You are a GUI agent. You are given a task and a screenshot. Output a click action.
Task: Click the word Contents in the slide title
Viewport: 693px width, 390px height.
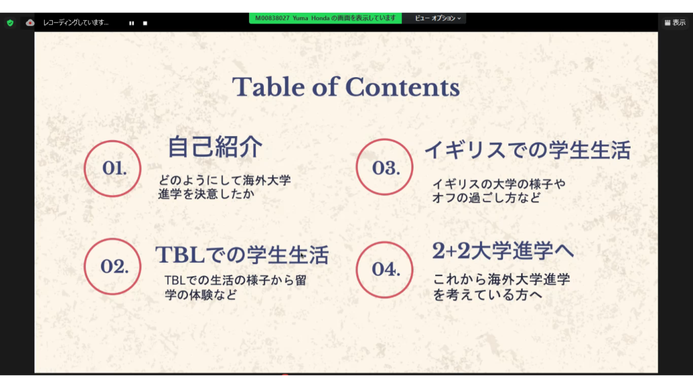[403, 87]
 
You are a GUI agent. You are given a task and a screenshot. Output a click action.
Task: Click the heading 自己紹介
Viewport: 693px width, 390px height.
[215, 147]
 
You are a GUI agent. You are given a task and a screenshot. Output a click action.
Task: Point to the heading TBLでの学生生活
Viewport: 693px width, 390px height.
[242, 255]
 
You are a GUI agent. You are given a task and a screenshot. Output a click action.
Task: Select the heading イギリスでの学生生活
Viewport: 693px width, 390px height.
[528, 150]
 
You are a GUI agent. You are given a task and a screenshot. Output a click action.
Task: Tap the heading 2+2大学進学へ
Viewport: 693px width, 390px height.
[503, 251]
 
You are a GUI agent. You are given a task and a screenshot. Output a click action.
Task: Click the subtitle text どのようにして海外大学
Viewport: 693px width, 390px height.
[225, 180]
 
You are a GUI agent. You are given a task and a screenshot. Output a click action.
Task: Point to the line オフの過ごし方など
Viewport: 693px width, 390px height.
[486, 198]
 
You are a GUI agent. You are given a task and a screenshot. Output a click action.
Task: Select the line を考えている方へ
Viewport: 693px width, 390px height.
[487, 295]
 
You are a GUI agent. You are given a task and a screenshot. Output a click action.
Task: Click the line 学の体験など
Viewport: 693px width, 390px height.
[201, 295]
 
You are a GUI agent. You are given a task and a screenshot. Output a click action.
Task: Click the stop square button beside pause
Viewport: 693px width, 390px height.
[145, 23]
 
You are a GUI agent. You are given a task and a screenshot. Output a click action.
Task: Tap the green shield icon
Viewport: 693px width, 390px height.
[10, 22]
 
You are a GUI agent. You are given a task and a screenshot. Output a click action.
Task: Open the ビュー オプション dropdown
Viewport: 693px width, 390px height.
[438, 18]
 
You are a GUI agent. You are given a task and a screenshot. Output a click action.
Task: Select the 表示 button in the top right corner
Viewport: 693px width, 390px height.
[675, 22]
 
